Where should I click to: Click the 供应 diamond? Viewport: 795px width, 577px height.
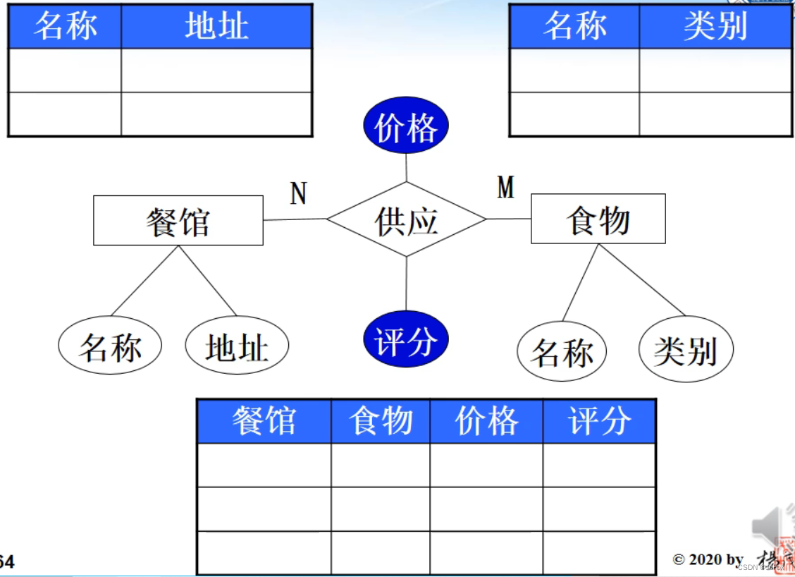coord(406,220)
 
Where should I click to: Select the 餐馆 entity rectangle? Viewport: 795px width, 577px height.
coord(178,221)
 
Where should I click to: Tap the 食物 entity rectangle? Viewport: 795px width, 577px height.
coord(598,219)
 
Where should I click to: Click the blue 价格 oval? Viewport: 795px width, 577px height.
coord(406,128)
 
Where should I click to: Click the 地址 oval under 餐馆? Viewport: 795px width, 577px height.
coord(237,346)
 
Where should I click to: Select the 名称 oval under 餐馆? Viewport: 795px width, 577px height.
coord(110,346)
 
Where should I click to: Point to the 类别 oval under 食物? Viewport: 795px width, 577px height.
coord(686,349)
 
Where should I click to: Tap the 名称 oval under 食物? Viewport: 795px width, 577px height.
coord(562,351)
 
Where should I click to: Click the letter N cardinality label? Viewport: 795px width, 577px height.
coord(298,193)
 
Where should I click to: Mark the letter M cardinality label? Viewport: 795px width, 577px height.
coord(505,188)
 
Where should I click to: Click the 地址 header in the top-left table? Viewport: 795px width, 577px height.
coord(216,27)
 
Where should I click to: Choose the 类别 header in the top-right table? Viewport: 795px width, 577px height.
coord(715,27)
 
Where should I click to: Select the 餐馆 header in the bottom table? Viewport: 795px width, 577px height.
coord(264,421)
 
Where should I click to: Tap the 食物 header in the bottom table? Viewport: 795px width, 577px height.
coord(381,421)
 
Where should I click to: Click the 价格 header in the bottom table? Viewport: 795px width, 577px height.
coord(486,421)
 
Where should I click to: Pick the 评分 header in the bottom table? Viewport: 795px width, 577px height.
coord(599,421)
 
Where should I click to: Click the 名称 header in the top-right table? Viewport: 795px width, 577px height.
coord(574,27)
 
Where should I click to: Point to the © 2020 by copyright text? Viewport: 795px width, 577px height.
coord(708,559)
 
